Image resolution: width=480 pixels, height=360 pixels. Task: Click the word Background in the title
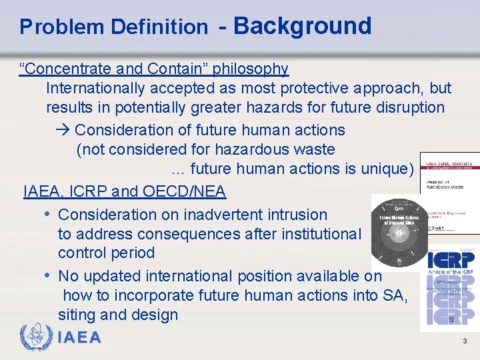click(x=302, y=26)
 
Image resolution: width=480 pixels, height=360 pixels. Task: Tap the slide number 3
click(x=465, y=342)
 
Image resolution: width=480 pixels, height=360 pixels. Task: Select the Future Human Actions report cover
click(x=399, y=231)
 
